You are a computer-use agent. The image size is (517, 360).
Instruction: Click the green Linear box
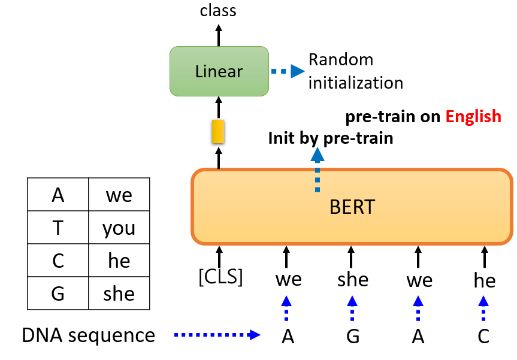pyautogui.click(x=219, y=71)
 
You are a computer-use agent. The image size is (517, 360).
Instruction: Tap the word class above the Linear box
pyautogui.click(x=218, y=10)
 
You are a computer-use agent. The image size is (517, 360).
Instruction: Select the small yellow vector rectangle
pyautogui.click(x=218, y=132)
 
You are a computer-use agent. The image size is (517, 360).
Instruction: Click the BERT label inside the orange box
pyautogui.click(x=352, y=207)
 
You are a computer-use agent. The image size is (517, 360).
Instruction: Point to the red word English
pyautogui.click(x=473, y=117)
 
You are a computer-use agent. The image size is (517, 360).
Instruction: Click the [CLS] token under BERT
pyautogui.click(x=220, y=277)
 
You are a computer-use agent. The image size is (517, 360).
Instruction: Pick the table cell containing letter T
pyautogui.click(x=58, y=228)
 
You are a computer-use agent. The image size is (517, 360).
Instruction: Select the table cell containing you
pyautogui.click(x=119, y=228)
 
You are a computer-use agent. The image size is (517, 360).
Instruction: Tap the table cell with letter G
pyautogui.click(x=58, y=293)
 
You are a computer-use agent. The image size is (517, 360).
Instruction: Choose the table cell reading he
pyautogui.click(x=119, y=261)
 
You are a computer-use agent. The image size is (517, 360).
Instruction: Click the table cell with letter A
pyautogui.click(x=58, y=195)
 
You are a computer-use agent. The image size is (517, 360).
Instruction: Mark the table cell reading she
pyautogui.click(x=119, y=293)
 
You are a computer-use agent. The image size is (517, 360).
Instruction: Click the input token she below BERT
pyautogui.click(x=353, y=280)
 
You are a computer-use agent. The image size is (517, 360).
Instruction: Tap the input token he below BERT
pyautogui.click(x=485, y=280)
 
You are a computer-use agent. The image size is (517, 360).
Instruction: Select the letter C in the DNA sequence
pyautogui.click(x=483, y=336)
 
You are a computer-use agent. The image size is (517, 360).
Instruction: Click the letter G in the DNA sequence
pyautogui.click(x=353, y=336)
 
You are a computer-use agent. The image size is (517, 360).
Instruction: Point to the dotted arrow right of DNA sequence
pyautogui.click(x=217, y=335)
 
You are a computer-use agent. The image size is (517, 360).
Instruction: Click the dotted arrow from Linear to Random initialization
pyautogui.click(x=288, y=71)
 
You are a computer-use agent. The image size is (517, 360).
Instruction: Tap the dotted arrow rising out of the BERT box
pyautogui.click(x=317, y=170)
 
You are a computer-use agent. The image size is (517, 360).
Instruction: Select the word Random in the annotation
pyautogui.click(x=341, y=60)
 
